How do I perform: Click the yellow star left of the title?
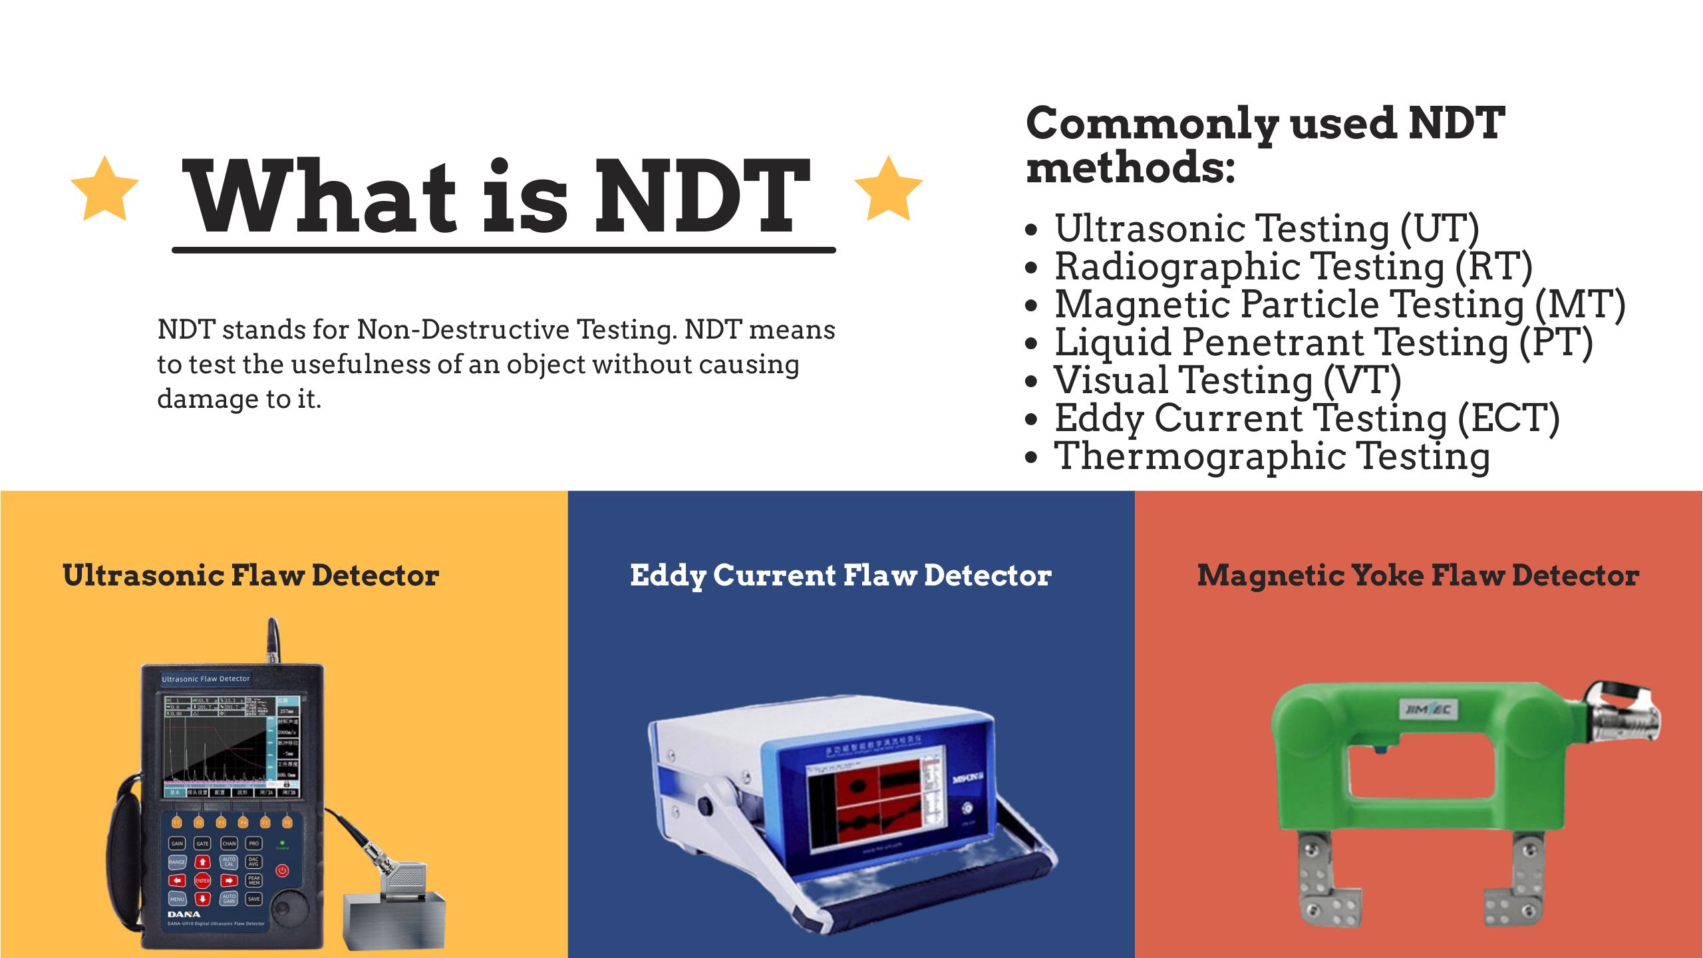click(104, 190)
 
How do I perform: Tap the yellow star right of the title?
click(888, 190)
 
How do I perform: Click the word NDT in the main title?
click(701, 197)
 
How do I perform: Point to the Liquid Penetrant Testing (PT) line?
click(1323, 342)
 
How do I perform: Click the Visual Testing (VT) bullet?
click(1227, 380)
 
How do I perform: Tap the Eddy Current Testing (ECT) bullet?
click(1307, 418)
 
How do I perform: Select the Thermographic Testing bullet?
click(1271, 456)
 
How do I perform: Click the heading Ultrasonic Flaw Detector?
click(251, 575)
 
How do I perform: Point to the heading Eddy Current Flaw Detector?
click(841, 575)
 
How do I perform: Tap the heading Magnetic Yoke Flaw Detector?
click(1418, 575)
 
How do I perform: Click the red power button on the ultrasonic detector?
click(282, 870)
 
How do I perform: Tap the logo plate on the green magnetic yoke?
click(1427, 710)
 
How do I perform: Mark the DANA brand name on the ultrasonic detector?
click(184, 914)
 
